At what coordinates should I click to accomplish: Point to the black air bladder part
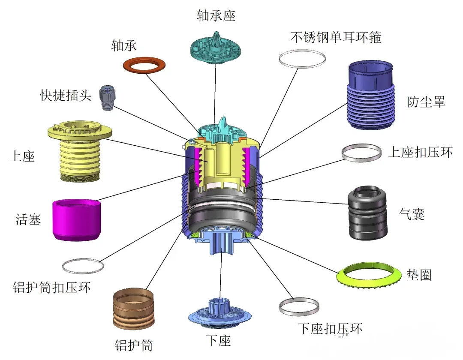click(x=367, y=213)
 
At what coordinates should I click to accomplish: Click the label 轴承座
click(x=216, y=16)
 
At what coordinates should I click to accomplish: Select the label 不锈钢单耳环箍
click(x=336, y=37)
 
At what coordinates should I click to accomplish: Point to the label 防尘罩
click(x=426, y=102)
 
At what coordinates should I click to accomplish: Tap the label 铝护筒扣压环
click(x=52, y=288)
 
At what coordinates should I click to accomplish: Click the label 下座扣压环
click(x=330, y=329)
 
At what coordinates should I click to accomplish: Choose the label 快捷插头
click(x=66, y=95)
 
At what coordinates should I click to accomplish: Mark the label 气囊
click(x=412, y=213)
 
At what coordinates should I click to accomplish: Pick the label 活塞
click(x=28, y=220)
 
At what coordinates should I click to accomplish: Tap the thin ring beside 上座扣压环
click(x=361, y=153)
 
